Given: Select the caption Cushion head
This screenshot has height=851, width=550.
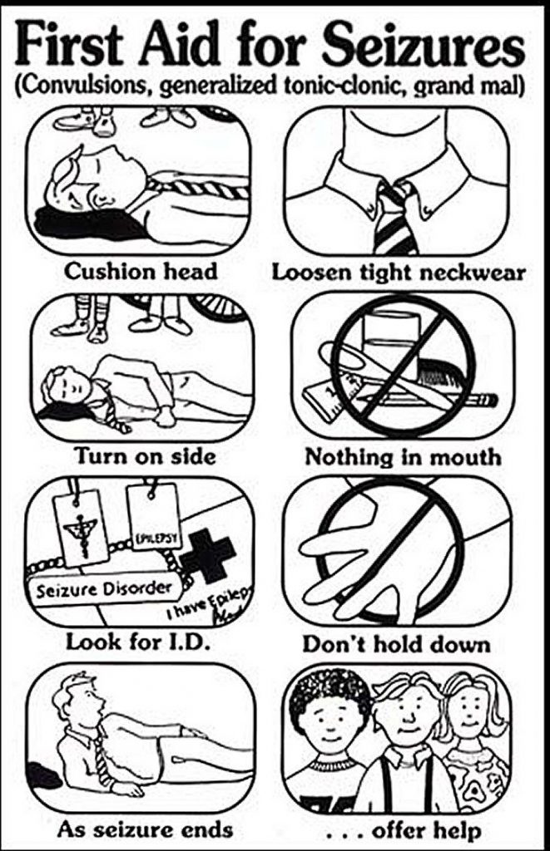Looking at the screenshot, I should [x=141, y=272].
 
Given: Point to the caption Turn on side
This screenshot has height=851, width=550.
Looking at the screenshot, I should [x=146, y=455].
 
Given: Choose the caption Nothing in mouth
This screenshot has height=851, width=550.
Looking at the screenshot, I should [x=403, y=456].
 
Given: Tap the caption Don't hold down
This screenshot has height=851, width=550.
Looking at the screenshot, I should [x=395, y=644].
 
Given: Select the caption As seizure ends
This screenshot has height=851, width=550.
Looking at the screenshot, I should [x=145, y=829].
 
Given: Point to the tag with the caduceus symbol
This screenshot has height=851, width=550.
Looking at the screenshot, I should [x=83, y=524].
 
